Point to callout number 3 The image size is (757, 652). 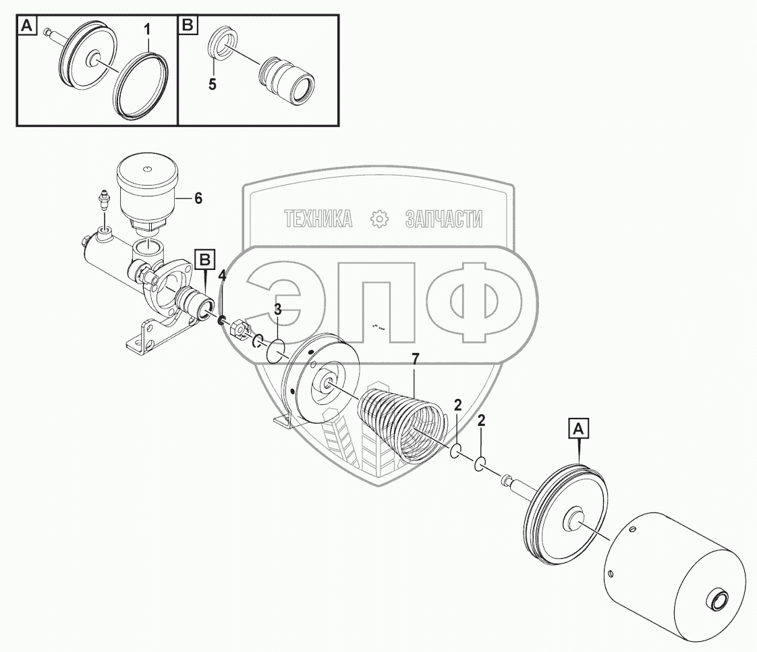pyautogui.click(x=277, y=310)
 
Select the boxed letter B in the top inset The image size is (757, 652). pyautogui.click(x=187, y=26)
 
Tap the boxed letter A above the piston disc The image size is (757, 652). pyautogui.click(x=580, y=427)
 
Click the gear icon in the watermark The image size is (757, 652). pyautogui.click(x=380, y=218)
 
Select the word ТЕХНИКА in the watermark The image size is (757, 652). pyautogui.click(x=318, y=219)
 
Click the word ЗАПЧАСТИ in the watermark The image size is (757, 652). pyautogui.click(x=444, y=219)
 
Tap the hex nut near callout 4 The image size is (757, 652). pyautogui.click(x=237, y=329)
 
